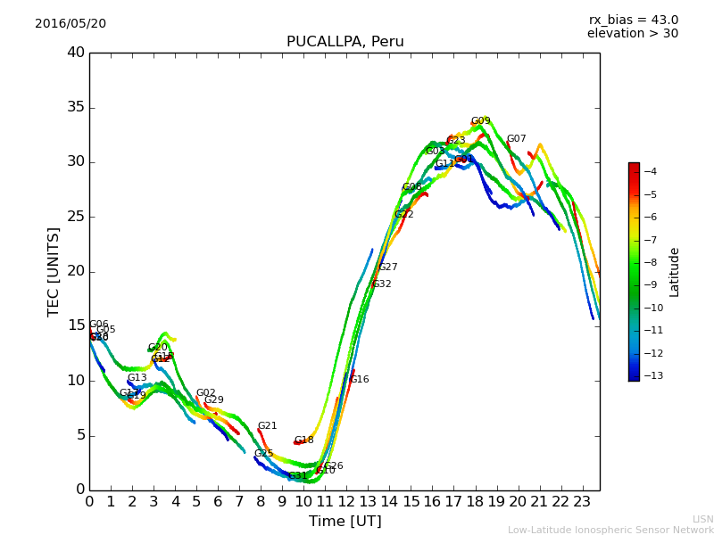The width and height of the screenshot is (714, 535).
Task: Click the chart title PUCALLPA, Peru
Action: tap(345, 42)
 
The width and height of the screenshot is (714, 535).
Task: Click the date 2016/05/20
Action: tap(71, 23)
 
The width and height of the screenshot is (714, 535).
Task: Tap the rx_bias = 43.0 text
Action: tap(633, 20)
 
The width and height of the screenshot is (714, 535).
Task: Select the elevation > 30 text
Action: tap(632, 34)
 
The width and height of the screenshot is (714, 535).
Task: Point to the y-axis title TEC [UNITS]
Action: tap(54, 271)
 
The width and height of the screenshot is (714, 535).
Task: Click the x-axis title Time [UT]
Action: tap(345, 521)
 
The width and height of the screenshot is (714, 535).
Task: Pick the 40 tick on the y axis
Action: tap(76, 53)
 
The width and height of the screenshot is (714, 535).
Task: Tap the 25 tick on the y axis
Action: tap(76, 217)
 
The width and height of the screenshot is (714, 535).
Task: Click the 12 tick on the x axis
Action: tap(346, 501)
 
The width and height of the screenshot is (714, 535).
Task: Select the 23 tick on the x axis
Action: tap(582, 501)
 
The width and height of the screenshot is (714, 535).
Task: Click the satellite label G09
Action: tap(480, 121)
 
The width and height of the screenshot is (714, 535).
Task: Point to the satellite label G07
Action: tap(516, 139)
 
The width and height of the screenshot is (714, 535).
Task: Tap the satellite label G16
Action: tap(359, 380)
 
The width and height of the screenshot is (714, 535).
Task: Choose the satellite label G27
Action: tap(387, 267)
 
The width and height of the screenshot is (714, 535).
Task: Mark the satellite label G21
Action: tap(267, 426)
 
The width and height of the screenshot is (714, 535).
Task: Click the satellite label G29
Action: tap(213, 400)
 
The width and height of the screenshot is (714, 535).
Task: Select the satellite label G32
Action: tap(381, 284)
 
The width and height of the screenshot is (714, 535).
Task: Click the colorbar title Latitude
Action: tap(675, 272)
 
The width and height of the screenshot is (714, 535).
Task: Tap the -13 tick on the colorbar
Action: tap(649, 375)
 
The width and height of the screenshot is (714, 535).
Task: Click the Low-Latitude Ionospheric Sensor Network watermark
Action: tap(610, 530)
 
